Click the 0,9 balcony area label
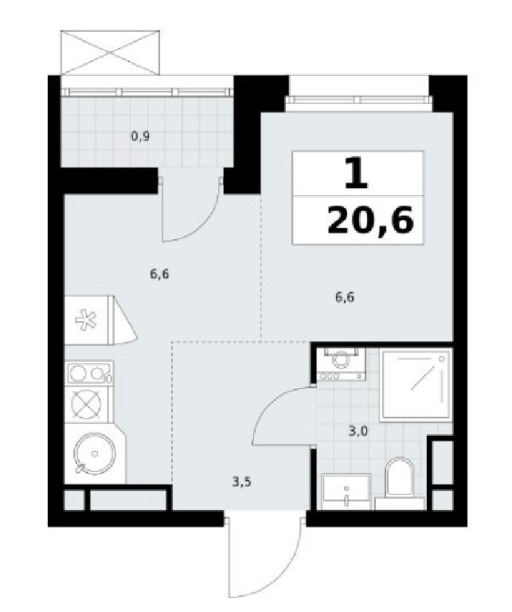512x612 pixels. coord(140,137)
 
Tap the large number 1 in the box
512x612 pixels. coord(357,173)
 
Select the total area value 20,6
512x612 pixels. coord(370,221)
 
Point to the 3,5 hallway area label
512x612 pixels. coord(241,482)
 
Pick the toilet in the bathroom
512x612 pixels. coord(399,484)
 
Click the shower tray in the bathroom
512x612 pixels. coord(416,386)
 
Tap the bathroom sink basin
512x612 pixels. coord(346,492)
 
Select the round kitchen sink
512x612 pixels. coord(95,453)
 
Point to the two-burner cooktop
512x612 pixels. coord(91,373)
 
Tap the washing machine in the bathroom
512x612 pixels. coord(342,364)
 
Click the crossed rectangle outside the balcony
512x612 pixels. coord(111,52)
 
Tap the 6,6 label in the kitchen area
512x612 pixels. coord(159,274)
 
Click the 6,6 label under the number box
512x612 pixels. coord(345,297)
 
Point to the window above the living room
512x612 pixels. coord(359,99)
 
